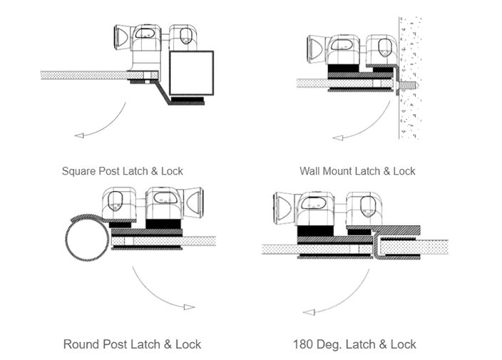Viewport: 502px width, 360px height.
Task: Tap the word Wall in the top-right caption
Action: pos(310,172)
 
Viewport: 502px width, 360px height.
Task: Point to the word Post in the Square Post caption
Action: pos(107,172)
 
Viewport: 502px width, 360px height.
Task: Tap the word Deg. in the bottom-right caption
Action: pos(334,344)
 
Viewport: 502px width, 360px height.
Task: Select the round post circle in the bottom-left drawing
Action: pos(87,240)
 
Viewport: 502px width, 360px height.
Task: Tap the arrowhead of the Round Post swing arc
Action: pos(189,307)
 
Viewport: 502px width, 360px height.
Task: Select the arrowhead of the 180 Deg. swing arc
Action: pos(309,312)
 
